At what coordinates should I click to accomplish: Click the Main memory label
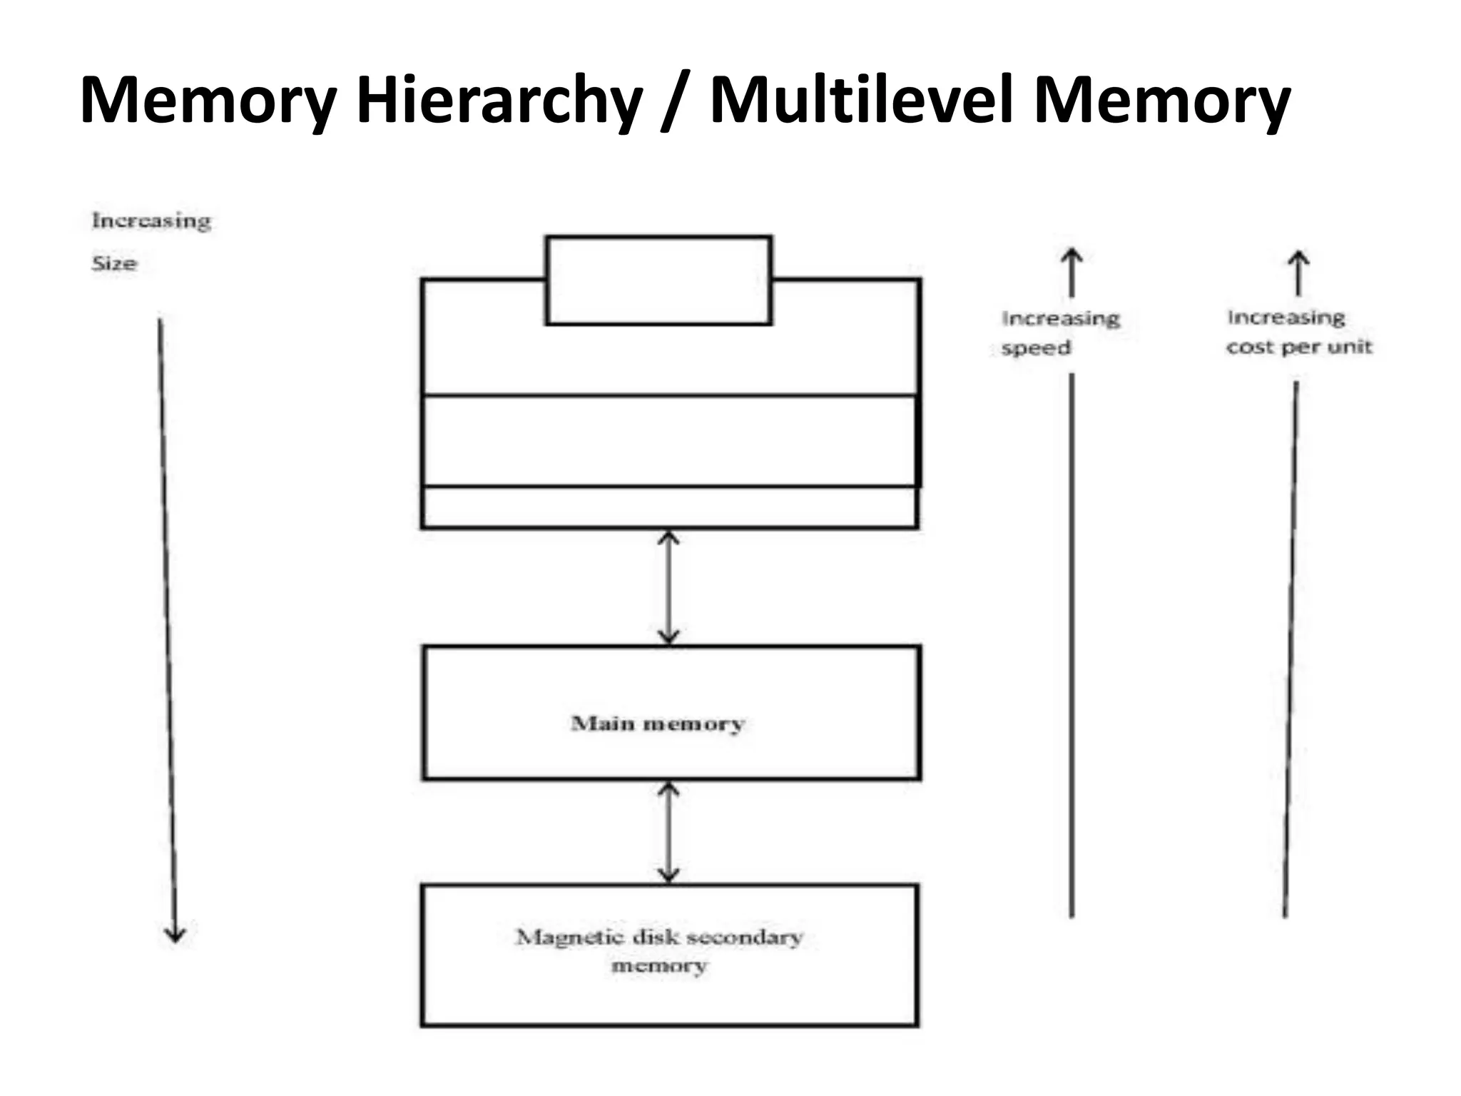coord(657,724)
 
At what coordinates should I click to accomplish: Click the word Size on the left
coord(114,263)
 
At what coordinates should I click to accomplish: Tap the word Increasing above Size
coord(151,220)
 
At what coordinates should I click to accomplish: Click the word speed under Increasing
coord(1036,348)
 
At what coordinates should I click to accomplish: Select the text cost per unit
coord(1299,347)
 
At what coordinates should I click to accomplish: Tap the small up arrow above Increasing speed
coord(1071,272)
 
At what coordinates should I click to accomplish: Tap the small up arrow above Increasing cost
coord(1298,273)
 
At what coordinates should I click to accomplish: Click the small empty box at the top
coord(658,280)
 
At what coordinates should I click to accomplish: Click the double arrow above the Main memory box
coord(668,587)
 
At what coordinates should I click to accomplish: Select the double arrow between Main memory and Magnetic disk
coord(668,832)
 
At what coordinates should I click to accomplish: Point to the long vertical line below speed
coord(1071,642)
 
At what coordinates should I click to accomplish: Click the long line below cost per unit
coord(1291,642)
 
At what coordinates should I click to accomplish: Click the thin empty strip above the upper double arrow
coord(669,507)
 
